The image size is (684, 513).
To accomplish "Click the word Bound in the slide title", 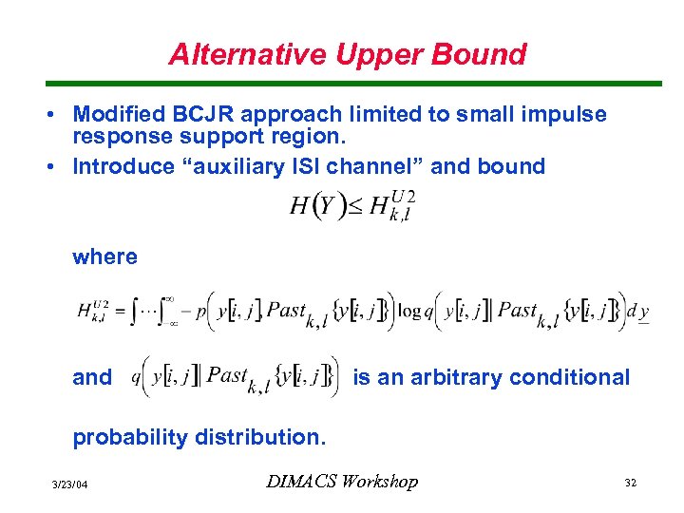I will point(483,54).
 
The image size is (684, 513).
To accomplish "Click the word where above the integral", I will point(104,256).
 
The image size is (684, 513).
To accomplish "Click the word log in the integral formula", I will point(409,311).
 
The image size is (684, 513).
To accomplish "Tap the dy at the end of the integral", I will point(639,311).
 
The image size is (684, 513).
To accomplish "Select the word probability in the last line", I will point(130,437).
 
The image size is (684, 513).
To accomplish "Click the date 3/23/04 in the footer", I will point(69,485).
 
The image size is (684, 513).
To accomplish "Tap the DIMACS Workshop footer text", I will point(341,482).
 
